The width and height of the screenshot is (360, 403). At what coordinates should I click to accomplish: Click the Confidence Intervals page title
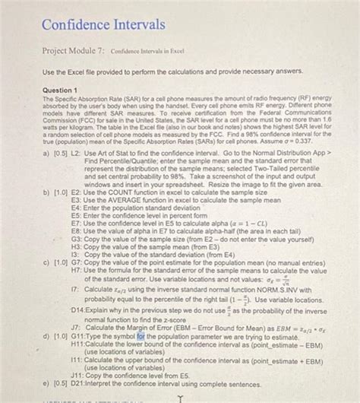tap(103, 24)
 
